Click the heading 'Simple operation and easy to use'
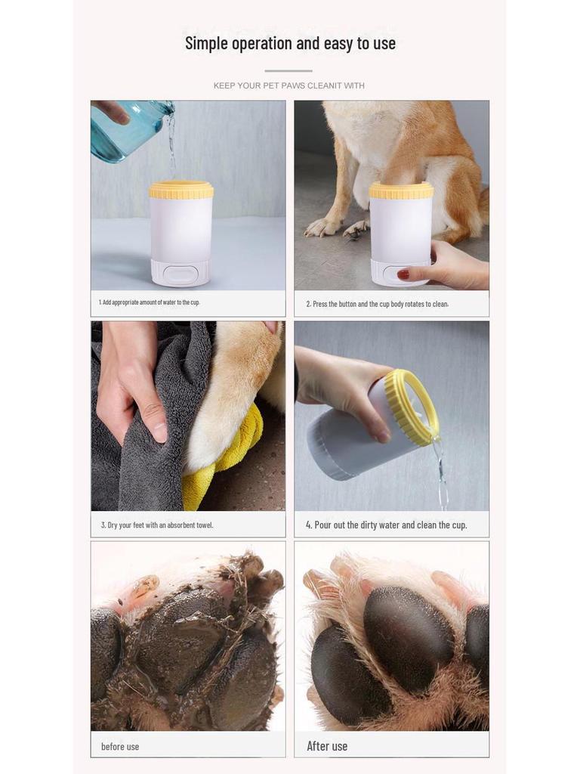290,43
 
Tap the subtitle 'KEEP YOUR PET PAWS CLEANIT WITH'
289,85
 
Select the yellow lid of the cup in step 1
180,190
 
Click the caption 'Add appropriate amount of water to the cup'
149,302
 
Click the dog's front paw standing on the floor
323,226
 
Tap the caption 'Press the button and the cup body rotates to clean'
377,304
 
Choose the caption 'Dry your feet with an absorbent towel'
157,525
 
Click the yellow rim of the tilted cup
412,405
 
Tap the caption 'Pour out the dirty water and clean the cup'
386,525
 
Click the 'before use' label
120,746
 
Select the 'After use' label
327,746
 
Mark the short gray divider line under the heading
288,71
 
